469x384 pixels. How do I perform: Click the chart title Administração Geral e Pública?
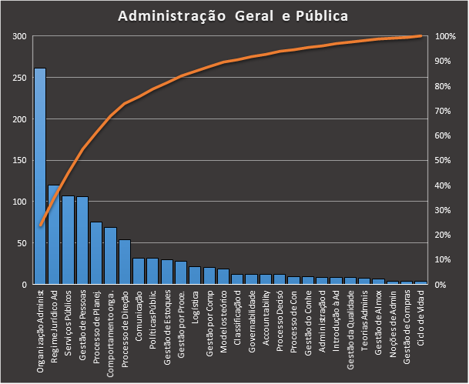(234, 16)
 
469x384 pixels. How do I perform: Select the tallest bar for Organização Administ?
(40, 176)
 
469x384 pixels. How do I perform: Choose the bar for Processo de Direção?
(125, 262)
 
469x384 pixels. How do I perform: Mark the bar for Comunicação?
(139, 271)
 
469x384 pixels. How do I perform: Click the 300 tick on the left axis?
(19, 37)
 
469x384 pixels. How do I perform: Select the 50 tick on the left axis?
(22, 243)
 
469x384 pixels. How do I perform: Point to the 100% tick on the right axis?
(446, 37)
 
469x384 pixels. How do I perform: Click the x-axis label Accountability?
(266, 316)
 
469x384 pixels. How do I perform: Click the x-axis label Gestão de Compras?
(407, 323)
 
